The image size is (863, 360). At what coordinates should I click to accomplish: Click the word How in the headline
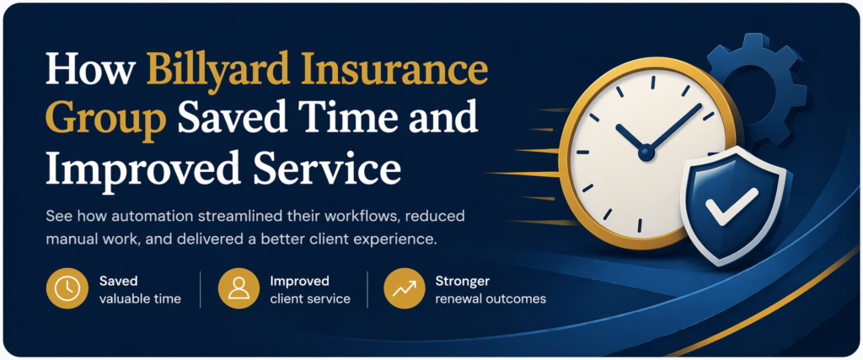(x=89, y=70)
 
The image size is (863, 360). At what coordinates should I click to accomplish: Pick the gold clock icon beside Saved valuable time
(x=66, y=289)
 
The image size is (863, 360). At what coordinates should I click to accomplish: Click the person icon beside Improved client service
(x=238, y=289)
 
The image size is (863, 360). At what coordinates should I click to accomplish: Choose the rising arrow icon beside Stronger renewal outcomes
(x=404, y=289)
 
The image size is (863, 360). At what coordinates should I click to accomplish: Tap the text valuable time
(x=140, y=298)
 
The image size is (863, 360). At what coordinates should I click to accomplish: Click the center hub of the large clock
(x=646, y=153)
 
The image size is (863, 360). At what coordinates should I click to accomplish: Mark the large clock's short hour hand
(x=630, y=139)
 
